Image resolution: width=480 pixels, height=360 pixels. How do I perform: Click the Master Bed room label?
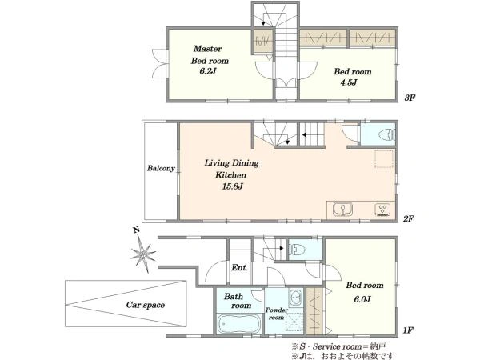click(x=210, y=54)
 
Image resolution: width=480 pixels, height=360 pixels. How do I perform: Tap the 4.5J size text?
click(x=349, y=82)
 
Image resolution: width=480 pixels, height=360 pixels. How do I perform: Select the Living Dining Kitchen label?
click(x=231, y=169)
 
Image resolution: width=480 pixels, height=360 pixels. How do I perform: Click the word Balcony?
click(x=161, y=168)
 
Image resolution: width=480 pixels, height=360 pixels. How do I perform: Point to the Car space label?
click(x=146, y=305)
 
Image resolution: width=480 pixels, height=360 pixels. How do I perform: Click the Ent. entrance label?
click(x=239, y=267)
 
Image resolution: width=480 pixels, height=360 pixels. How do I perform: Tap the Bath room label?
click(x=238, y=301)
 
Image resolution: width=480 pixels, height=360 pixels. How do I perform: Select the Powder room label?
click(x=277, y=314)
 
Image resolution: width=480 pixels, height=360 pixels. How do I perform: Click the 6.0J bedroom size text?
click(x=362, y=299)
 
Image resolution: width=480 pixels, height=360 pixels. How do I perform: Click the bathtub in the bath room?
click(x=238, y=324)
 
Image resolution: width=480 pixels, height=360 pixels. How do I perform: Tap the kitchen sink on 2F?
click(x=342, y=210)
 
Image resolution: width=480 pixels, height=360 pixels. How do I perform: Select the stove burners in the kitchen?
click(x=382, y=210)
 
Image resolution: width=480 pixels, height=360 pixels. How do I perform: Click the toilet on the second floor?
click(x=386, y=135)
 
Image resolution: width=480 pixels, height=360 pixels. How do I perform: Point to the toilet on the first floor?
click(x=297, y=250)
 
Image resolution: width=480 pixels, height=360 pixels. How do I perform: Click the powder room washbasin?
click(x=295, y=297)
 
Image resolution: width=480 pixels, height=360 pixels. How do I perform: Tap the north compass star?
click(x=142, y=254)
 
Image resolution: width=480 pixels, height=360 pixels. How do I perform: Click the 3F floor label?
click(x=410, y=98)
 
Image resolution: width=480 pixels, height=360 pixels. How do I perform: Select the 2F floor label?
click(x=408, y=218)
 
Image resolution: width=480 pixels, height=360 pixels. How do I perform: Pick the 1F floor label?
click(x=408, y=330)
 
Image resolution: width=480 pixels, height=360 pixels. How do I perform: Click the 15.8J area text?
click(x=232, y=186)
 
